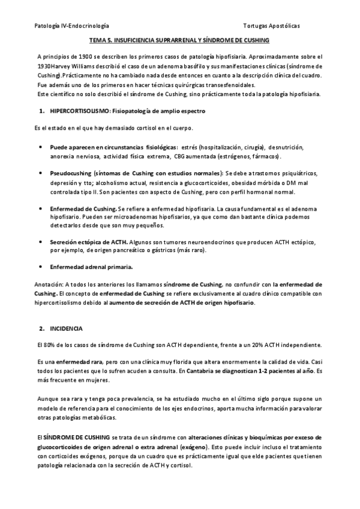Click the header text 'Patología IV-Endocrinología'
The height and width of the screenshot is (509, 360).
coord(72,26)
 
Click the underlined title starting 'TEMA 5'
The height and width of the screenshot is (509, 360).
coord(180,40)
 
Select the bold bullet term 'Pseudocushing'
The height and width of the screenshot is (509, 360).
coord(72,173)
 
